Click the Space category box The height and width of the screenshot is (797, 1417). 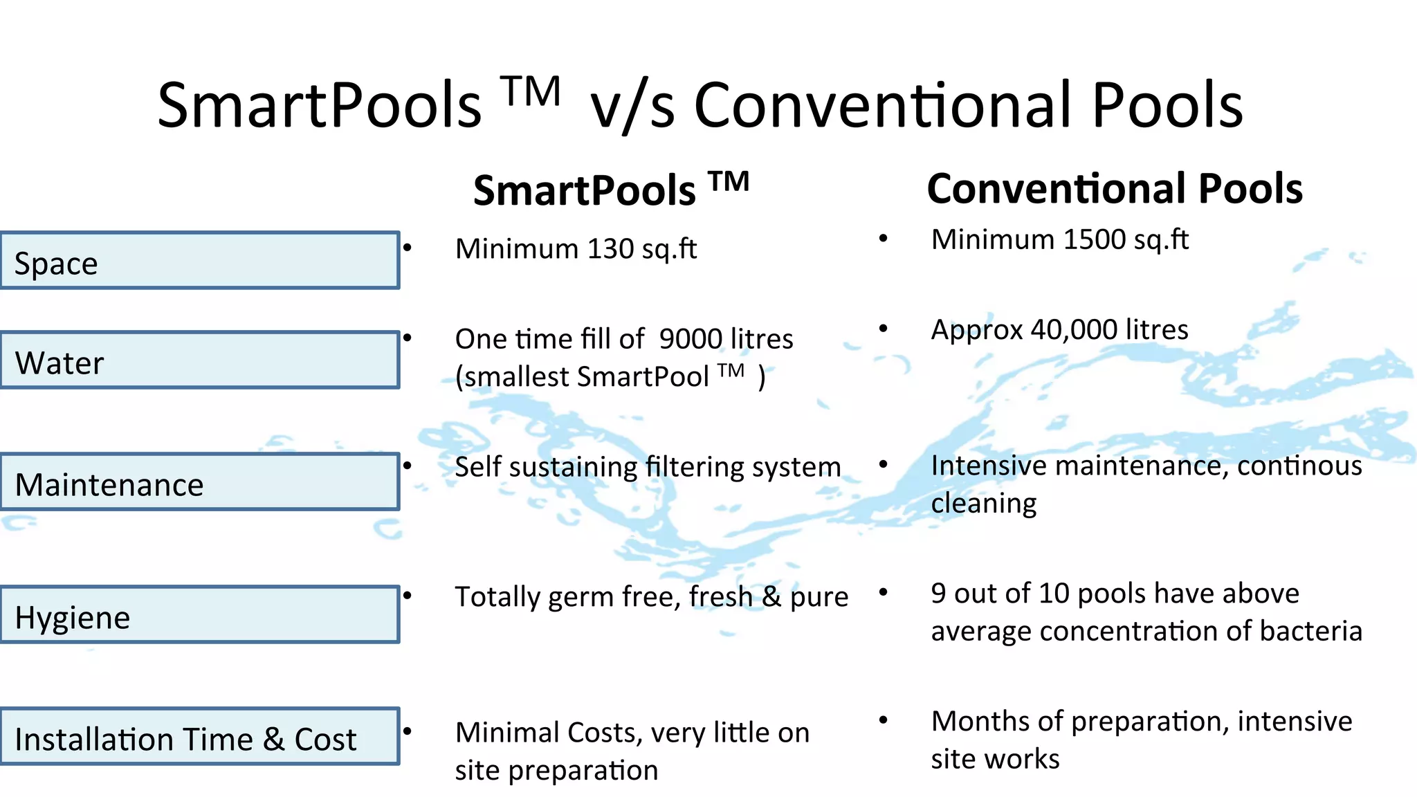(x=199, y=260)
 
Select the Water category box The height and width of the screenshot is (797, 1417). (x=199, y=360)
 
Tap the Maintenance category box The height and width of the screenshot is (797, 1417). (x=199, y=482)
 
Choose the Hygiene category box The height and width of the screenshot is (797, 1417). (x=199, y=615)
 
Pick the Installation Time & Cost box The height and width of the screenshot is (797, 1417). (x=199, y=737)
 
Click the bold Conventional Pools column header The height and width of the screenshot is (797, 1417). (x=1115, y=189)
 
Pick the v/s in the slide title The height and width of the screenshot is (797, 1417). (x=632, y=106)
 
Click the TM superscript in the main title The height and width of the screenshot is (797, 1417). (x=531, y=91)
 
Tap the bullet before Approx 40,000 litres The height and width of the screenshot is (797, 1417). (x=884, y=329)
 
